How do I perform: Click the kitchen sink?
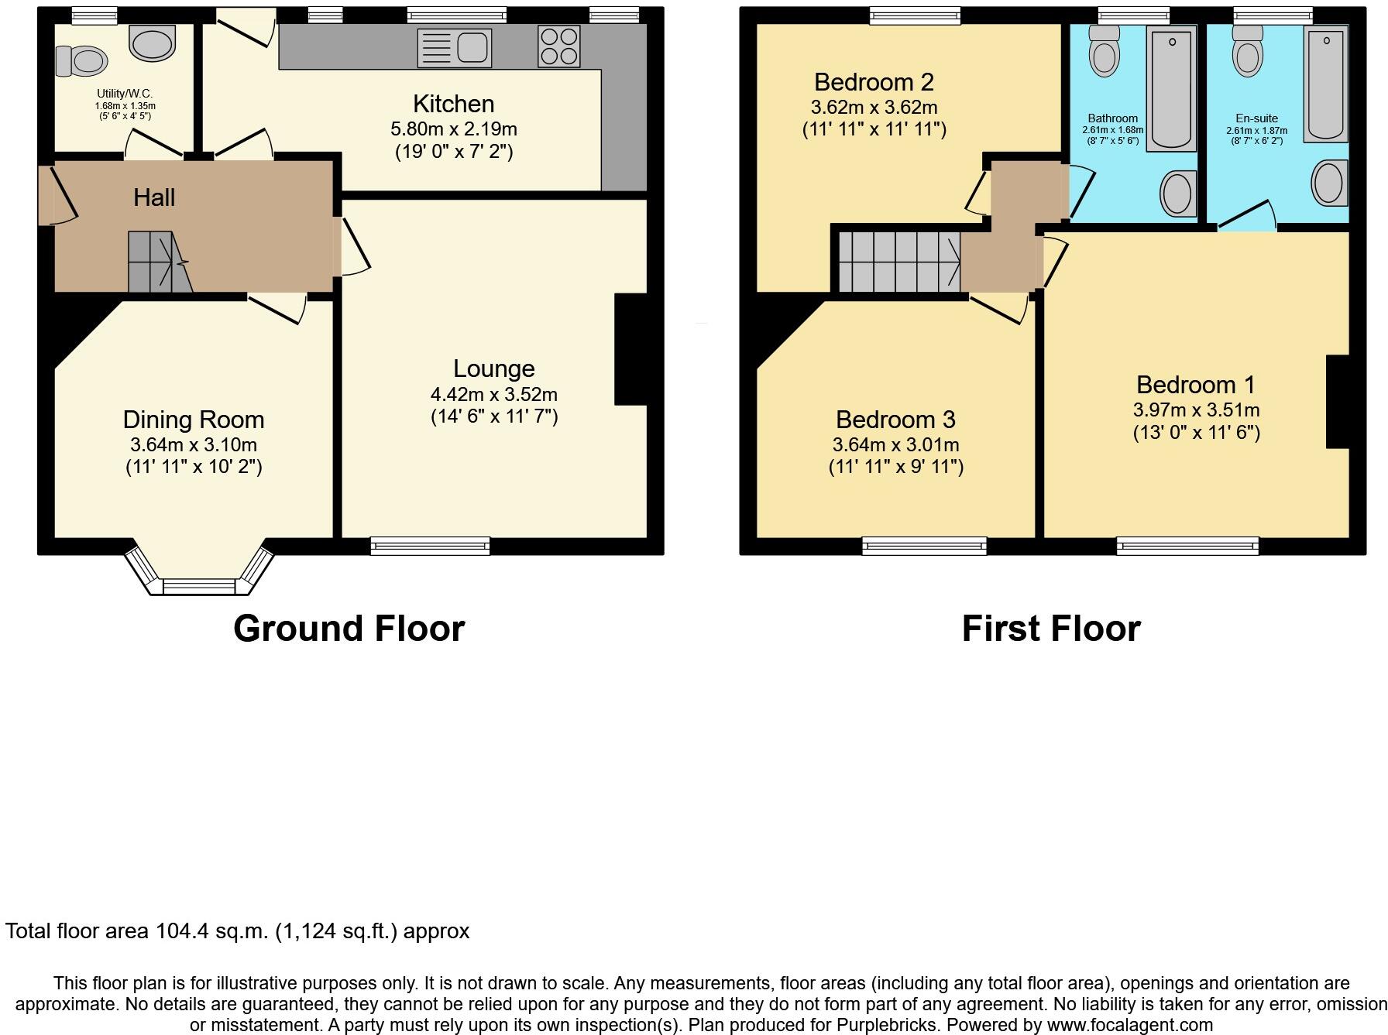[x=455, y=48]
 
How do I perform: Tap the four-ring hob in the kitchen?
[x=558, y=46]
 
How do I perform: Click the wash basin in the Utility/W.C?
[x=153, y=43]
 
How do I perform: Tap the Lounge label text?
[x=493, y=368]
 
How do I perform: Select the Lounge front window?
[x=431, y=546]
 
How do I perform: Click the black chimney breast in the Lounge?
[x=630, y=349]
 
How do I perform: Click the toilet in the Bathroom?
[x=1104, y=50]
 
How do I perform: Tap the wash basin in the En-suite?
[x=1329, y=183]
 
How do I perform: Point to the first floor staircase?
[x=898, y=262]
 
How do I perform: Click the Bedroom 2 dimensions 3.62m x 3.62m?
[x=874, y=108]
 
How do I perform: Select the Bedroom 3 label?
[x=895, y=420]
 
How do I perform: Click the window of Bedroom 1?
[x=1187, y=547]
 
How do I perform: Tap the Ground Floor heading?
[x=349, y=629]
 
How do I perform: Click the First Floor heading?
[x=1051, y=629]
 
